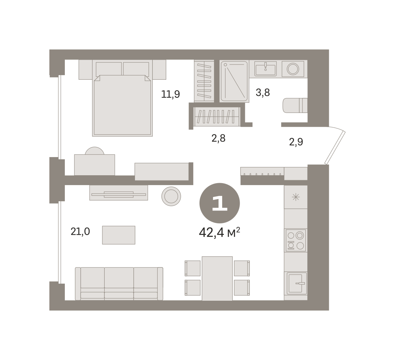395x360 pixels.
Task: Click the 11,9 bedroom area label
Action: click(170, 94)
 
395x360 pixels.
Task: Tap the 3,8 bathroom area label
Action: click(263, 93)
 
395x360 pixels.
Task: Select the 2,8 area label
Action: click(218, 138)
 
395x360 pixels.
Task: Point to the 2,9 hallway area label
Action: click(296, 142)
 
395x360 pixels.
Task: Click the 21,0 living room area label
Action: click(80, 232)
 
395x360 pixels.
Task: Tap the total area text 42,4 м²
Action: click(219, 232)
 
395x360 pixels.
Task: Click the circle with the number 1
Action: click(220, 203)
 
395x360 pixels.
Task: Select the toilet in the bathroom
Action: click(295, 105)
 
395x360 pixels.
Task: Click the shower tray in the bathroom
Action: click(234, 81)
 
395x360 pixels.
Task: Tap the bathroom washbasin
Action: click(265, 69)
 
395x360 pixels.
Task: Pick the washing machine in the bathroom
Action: click(293, 69)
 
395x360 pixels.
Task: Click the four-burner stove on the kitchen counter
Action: click(296, 240)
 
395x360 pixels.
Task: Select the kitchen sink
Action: click(297, 283)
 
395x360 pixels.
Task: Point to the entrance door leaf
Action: click(335, 148)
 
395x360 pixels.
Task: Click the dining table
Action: click(217, 278)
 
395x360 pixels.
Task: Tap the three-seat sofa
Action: click(119, 284)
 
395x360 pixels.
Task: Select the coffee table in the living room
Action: click(118, 235)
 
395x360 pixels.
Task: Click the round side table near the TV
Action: click(171, 196)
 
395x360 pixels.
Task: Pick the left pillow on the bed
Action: click(109, 69)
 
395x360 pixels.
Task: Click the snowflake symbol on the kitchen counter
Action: click(296, 197)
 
